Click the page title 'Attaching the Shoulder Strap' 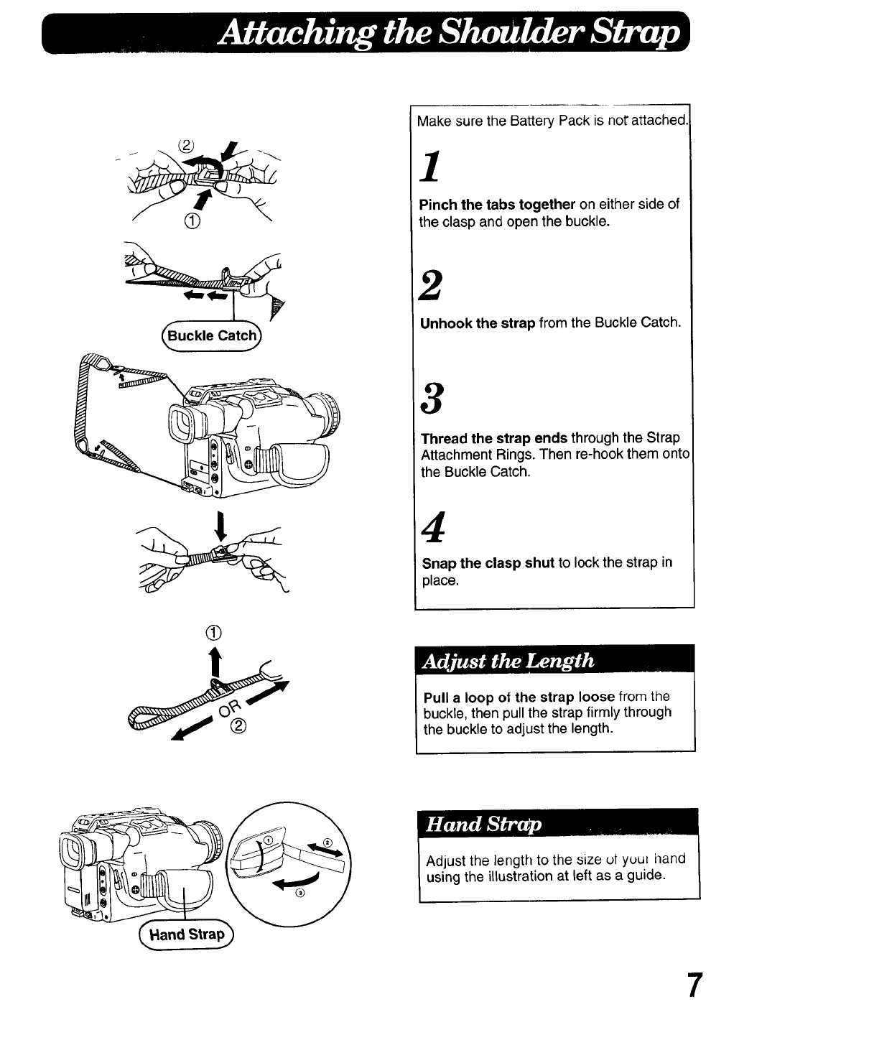coord(450,32)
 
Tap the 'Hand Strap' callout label coord(187,934)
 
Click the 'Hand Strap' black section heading coord(484,825)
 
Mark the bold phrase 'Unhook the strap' coord(478,322)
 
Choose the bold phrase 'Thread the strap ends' coord(494,438)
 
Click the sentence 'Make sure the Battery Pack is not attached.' coord(552,121)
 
